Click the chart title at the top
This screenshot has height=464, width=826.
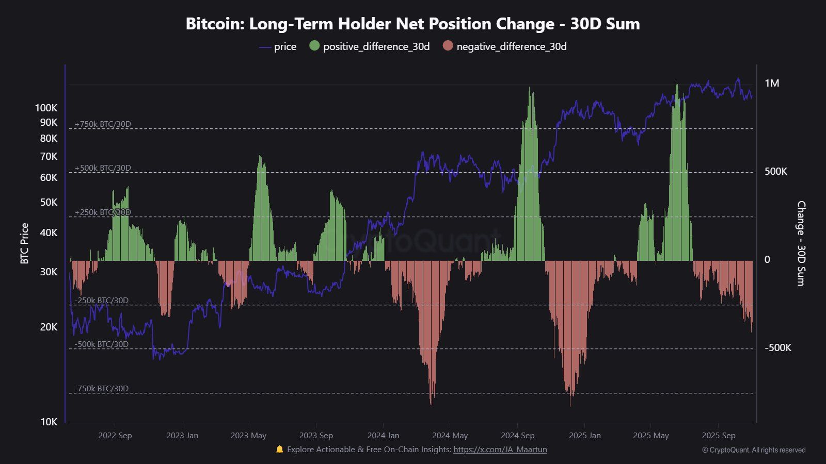(412, 24)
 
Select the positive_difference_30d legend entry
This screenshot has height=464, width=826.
(370, 46)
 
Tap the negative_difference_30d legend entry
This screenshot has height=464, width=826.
(505, 46)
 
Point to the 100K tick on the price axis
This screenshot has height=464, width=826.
(46, 108)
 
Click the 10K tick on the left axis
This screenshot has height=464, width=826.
(49, 422)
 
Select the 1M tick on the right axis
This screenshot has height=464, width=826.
(772, 84)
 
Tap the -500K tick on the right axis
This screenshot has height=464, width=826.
(777, 348)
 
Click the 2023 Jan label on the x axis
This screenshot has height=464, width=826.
(182, 436)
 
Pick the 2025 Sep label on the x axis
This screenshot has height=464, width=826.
(719, 436)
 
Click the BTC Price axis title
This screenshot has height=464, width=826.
(24, 243)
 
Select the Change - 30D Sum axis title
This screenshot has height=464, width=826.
(801, 243)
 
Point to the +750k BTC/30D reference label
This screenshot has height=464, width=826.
(103, 124)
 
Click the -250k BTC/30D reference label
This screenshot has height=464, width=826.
(101, 301)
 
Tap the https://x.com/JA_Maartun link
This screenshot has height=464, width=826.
(500, 450)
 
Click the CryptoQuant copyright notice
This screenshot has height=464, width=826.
(754, 450)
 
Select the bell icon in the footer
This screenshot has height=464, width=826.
(280, 449)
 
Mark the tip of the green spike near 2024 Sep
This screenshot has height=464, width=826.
(530, 88)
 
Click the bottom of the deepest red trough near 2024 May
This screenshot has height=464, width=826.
(431, 404)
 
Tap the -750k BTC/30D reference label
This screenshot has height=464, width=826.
(101, 389)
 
